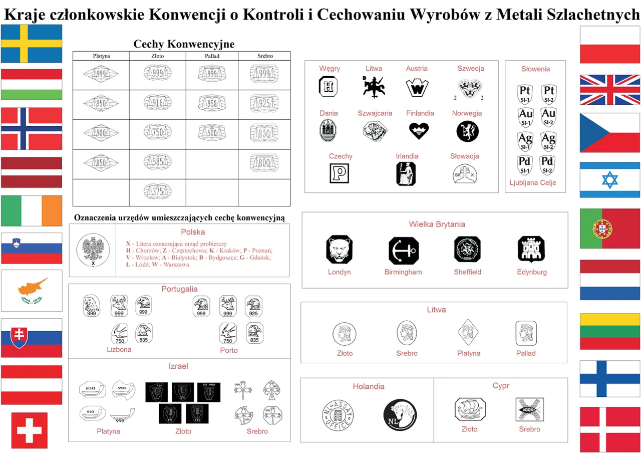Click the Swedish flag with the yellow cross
31,44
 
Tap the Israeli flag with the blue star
609,180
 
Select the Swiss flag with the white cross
30,430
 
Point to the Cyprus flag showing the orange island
32,291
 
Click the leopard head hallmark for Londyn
339,249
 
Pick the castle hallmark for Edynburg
531,249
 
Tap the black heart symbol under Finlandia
419,131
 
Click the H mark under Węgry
329,87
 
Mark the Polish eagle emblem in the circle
93,249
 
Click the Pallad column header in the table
212,56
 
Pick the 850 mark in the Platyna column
101,163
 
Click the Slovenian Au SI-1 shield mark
525,117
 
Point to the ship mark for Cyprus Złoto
470,409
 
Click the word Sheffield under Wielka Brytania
467,272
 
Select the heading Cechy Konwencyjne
184,44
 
